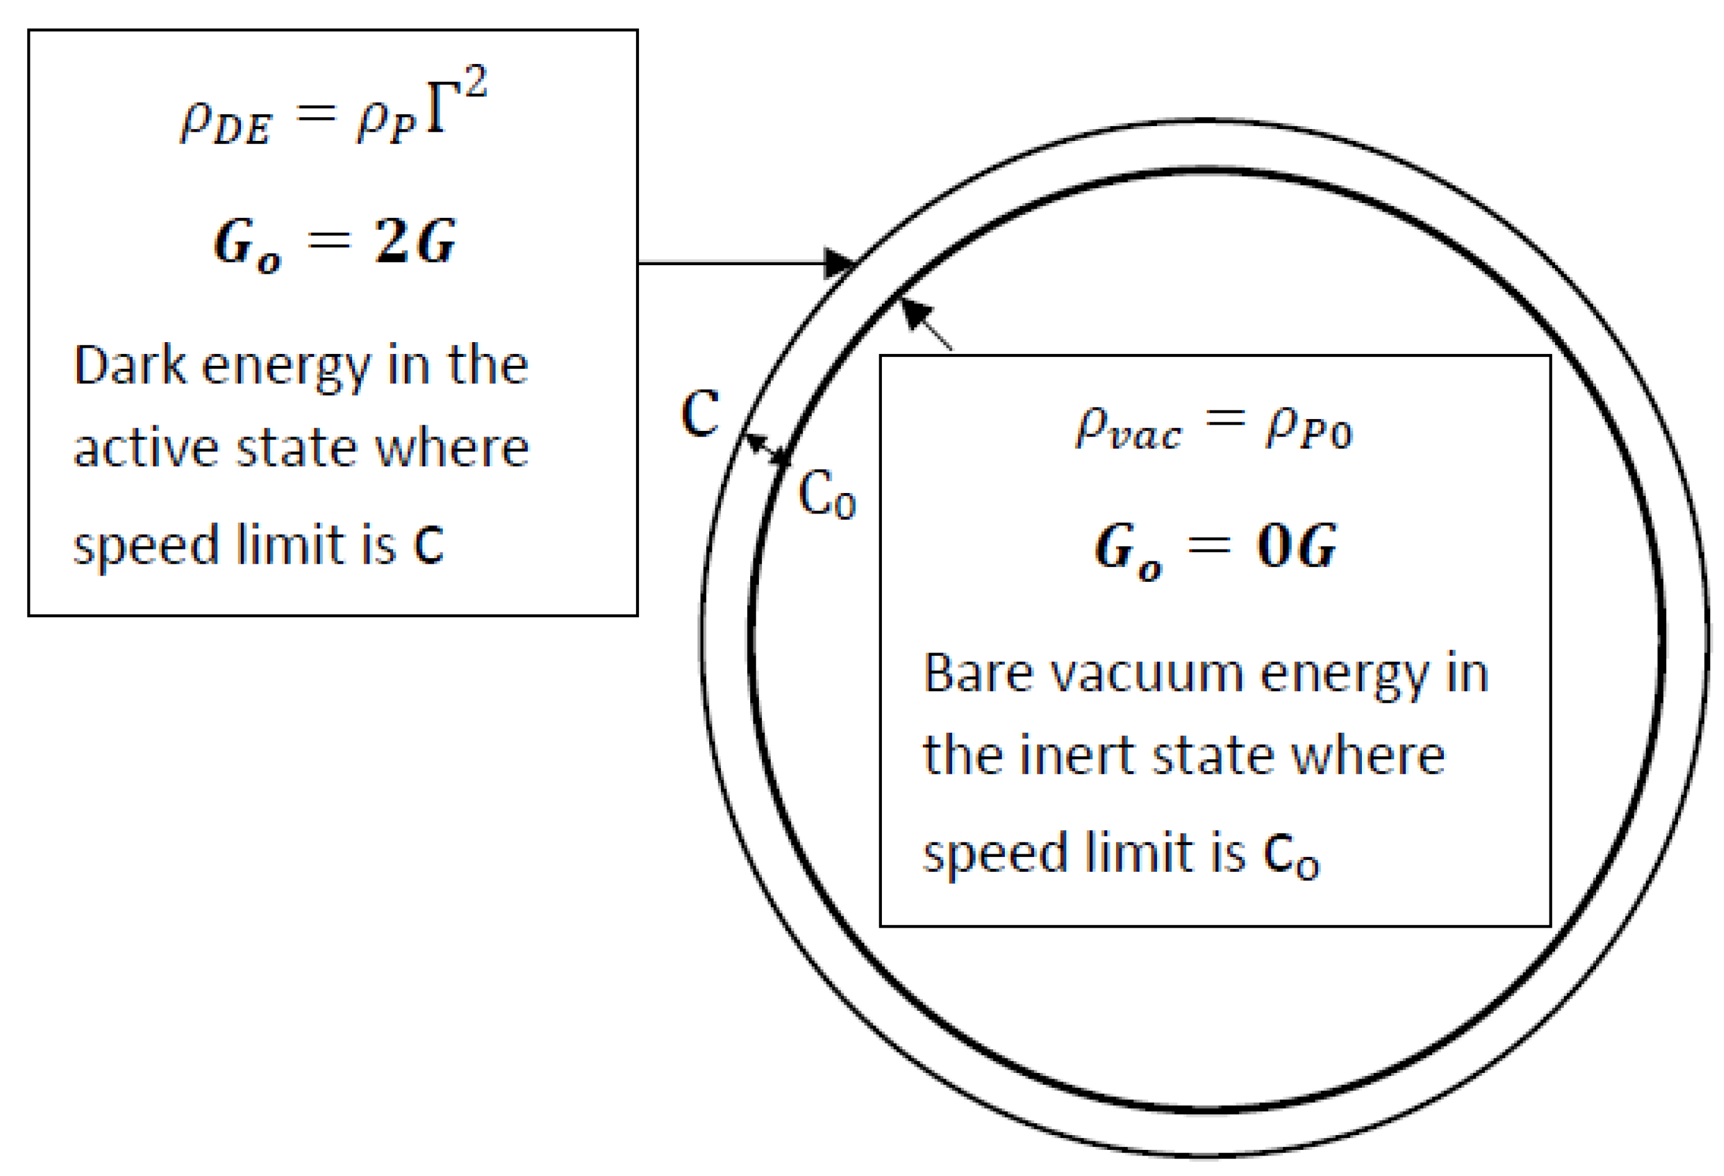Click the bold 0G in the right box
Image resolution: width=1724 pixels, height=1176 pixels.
pyautogui.click(x=1296, y=546)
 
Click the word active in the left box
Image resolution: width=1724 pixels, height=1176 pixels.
pyautogui.click(x=145, y=448)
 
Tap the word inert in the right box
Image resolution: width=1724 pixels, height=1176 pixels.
pyautogui.click(x=1076, y=756)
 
